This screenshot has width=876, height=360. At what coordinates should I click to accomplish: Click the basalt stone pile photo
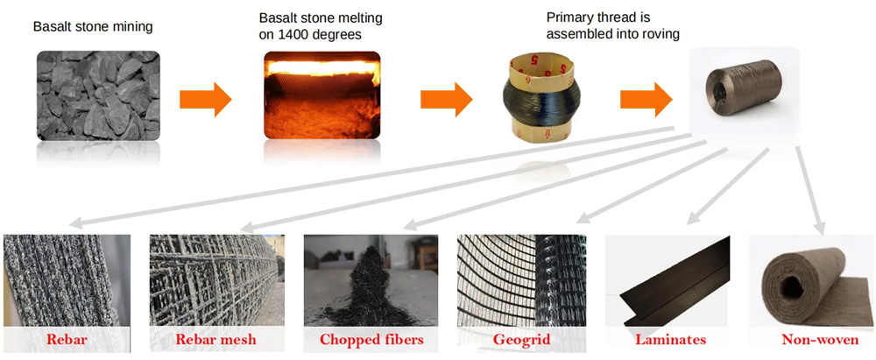tap(98, 95)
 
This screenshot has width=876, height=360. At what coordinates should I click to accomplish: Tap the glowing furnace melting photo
tap(322, 95)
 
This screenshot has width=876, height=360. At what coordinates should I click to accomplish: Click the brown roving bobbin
tap(744, 95)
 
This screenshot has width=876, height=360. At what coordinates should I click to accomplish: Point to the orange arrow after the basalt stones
tap(205, 99)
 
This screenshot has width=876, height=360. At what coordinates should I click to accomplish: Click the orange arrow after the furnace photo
tap(446, 99)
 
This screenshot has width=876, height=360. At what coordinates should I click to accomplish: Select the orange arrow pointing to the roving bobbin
tap(645, 99)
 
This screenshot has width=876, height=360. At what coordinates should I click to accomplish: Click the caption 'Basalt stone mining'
tap(93, 26)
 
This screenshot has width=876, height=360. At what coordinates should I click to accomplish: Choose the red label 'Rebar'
tap(67, 339)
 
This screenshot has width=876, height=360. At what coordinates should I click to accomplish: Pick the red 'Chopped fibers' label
tap(371, 339)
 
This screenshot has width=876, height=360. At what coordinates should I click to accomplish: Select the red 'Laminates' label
tap(670, 339)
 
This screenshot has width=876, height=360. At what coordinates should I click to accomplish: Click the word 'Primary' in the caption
tap(569, 18)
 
